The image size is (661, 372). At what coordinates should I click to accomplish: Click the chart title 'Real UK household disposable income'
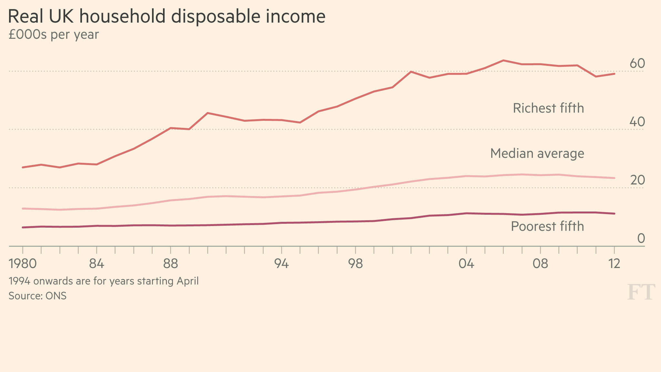click(167, 17)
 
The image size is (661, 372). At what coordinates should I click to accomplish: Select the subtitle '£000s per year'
click(54, 35)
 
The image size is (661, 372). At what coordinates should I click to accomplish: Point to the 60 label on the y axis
click(637, 64)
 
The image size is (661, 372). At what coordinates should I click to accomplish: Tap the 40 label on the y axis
click(637, 122)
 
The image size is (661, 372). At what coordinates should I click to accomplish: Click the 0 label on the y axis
click(641, 239)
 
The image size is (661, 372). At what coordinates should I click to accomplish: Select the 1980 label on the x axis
click(23, 264)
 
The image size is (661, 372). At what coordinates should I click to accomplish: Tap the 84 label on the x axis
click(97, 264)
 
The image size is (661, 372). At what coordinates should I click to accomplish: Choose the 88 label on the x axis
click(170, 264)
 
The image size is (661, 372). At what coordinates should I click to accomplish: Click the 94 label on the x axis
click(281, 264)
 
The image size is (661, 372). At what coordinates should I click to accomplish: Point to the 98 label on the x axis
click(355, 264)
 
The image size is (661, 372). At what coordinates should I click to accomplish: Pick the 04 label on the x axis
click(466, 264)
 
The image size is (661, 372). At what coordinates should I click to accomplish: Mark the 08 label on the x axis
click(540, 264)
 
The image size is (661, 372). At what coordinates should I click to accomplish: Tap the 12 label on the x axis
click(614, 264)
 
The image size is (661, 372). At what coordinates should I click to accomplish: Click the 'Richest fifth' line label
click(548, 108)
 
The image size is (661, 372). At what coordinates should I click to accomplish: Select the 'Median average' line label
click(537, 153)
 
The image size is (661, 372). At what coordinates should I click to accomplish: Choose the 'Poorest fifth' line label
click(547, 226)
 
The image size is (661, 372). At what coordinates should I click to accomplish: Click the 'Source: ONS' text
click(37, 296)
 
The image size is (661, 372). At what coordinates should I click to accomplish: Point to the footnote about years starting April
click(104, 281)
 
